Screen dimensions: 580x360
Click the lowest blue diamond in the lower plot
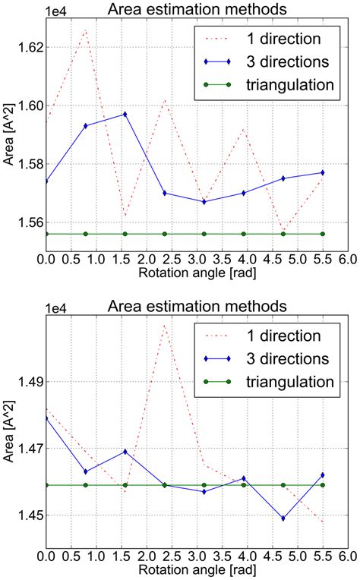283,519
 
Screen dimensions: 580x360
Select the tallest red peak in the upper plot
85,30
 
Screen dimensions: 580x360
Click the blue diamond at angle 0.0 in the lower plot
46,418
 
